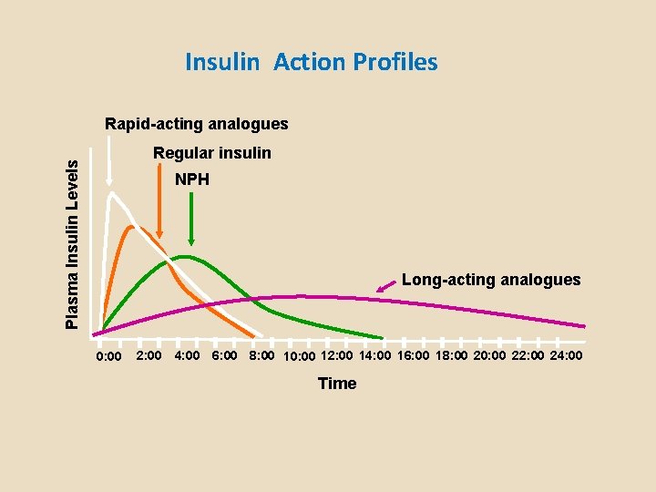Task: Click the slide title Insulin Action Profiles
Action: click(311, 62)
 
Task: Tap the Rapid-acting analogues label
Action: click(196, 123)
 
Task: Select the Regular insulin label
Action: click(211, 153)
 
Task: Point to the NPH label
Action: click(192, 179)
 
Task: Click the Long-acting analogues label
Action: click(490, 280)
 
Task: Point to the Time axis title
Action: click(337, 384)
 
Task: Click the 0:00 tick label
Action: click(109, 355)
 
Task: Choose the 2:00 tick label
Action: click(149, 354)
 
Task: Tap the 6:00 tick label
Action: click(224, 354)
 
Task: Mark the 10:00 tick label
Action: click(300, 355)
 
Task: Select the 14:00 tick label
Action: click(377, 354)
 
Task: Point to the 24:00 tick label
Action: click(565, 354)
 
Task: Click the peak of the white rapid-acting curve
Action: click(111, 192)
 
